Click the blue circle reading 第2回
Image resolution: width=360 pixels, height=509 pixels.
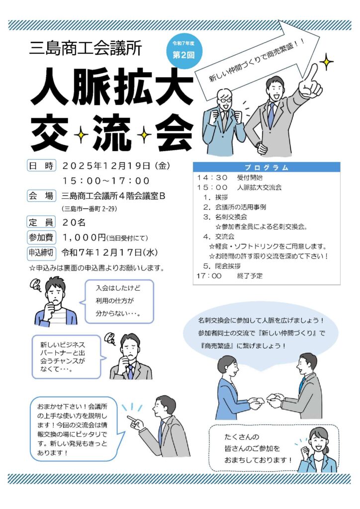(183, 52)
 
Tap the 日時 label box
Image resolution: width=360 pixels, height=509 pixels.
(41, 166)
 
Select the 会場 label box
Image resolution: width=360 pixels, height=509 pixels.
(41, 196)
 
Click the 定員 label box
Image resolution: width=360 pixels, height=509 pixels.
(41, 222)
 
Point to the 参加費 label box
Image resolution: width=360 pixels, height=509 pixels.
(41, 237)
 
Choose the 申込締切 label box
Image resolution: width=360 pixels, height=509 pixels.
(41, 253)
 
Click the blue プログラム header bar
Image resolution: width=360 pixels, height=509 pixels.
(267, 167)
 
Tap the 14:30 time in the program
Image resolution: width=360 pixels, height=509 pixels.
(212, 177)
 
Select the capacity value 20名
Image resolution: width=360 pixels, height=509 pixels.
(74, 222)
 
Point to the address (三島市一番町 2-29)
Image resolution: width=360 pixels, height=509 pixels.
(90, 209)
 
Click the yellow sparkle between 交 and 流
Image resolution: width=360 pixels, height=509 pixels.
(81, 134)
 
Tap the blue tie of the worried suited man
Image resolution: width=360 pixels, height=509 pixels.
(130, 372)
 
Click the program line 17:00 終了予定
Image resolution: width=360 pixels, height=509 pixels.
(230, 276)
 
